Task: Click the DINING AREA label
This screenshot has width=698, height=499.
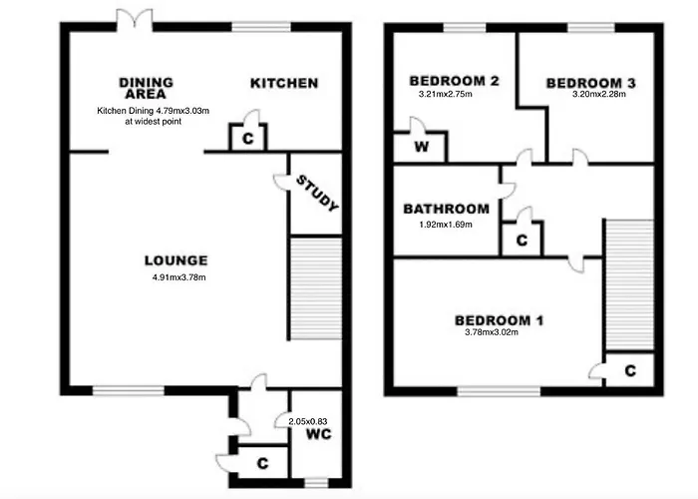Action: (x=146, y=88)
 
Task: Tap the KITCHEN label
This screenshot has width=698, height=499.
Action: (x=283, y=83)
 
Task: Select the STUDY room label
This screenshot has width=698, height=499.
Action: (x=317, y=193)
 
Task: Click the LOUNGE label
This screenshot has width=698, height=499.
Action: (x=174, y=260)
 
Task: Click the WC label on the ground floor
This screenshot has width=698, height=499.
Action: (x=318, y=435)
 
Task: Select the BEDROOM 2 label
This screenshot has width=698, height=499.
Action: (x=454, y=81)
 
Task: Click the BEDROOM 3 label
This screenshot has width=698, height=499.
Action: (x=590, y=83)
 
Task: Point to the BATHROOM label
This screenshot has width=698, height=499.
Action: (x=446, y=210)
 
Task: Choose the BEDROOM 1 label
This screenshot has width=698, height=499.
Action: (x=499, y=320)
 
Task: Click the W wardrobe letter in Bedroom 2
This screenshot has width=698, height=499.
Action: (x=421, y=148)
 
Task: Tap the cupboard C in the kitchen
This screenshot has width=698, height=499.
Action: (x=247, y=140)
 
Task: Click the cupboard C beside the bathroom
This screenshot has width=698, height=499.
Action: (x=522, y=241)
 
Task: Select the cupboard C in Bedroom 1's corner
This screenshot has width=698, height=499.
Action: (x=630, y=371)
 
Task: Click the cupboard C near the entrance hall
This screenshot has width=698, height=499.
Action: (x=263, y=463)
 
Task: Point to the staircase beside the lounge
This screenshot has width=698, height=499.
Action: (x=315, y=289)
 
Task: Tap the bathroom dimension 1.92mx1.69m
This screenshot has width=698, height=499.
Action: (x=445, y=224)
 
